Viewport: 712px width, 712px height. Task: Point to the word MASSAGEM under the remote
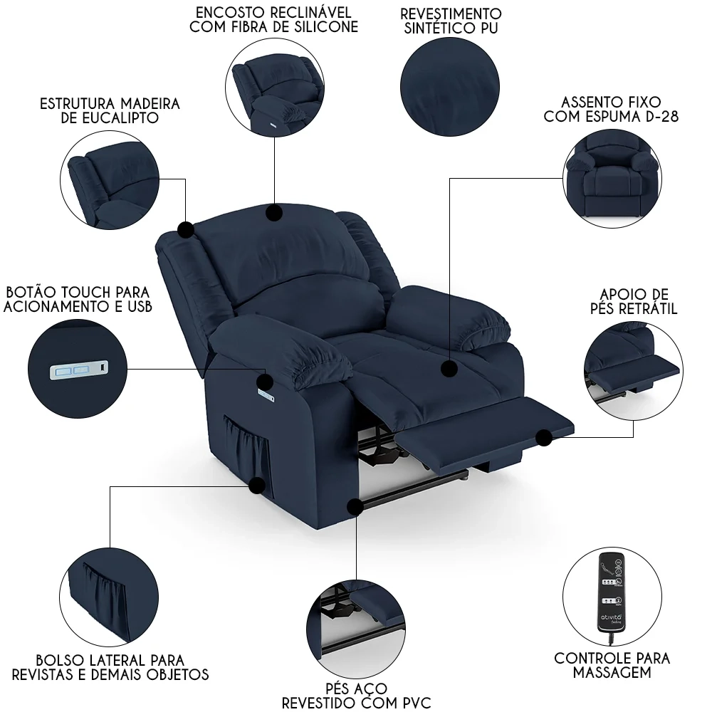(612, 672)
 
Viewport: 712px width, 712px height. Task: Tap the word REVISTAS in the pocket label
(64, 674)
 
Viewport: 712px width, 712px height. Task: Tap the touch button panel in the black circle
(79, 370)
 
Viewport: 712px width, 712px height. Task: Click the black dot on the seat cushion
(449, 369)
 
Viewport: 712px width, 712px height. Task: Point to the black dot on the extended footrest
(545, 437)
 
